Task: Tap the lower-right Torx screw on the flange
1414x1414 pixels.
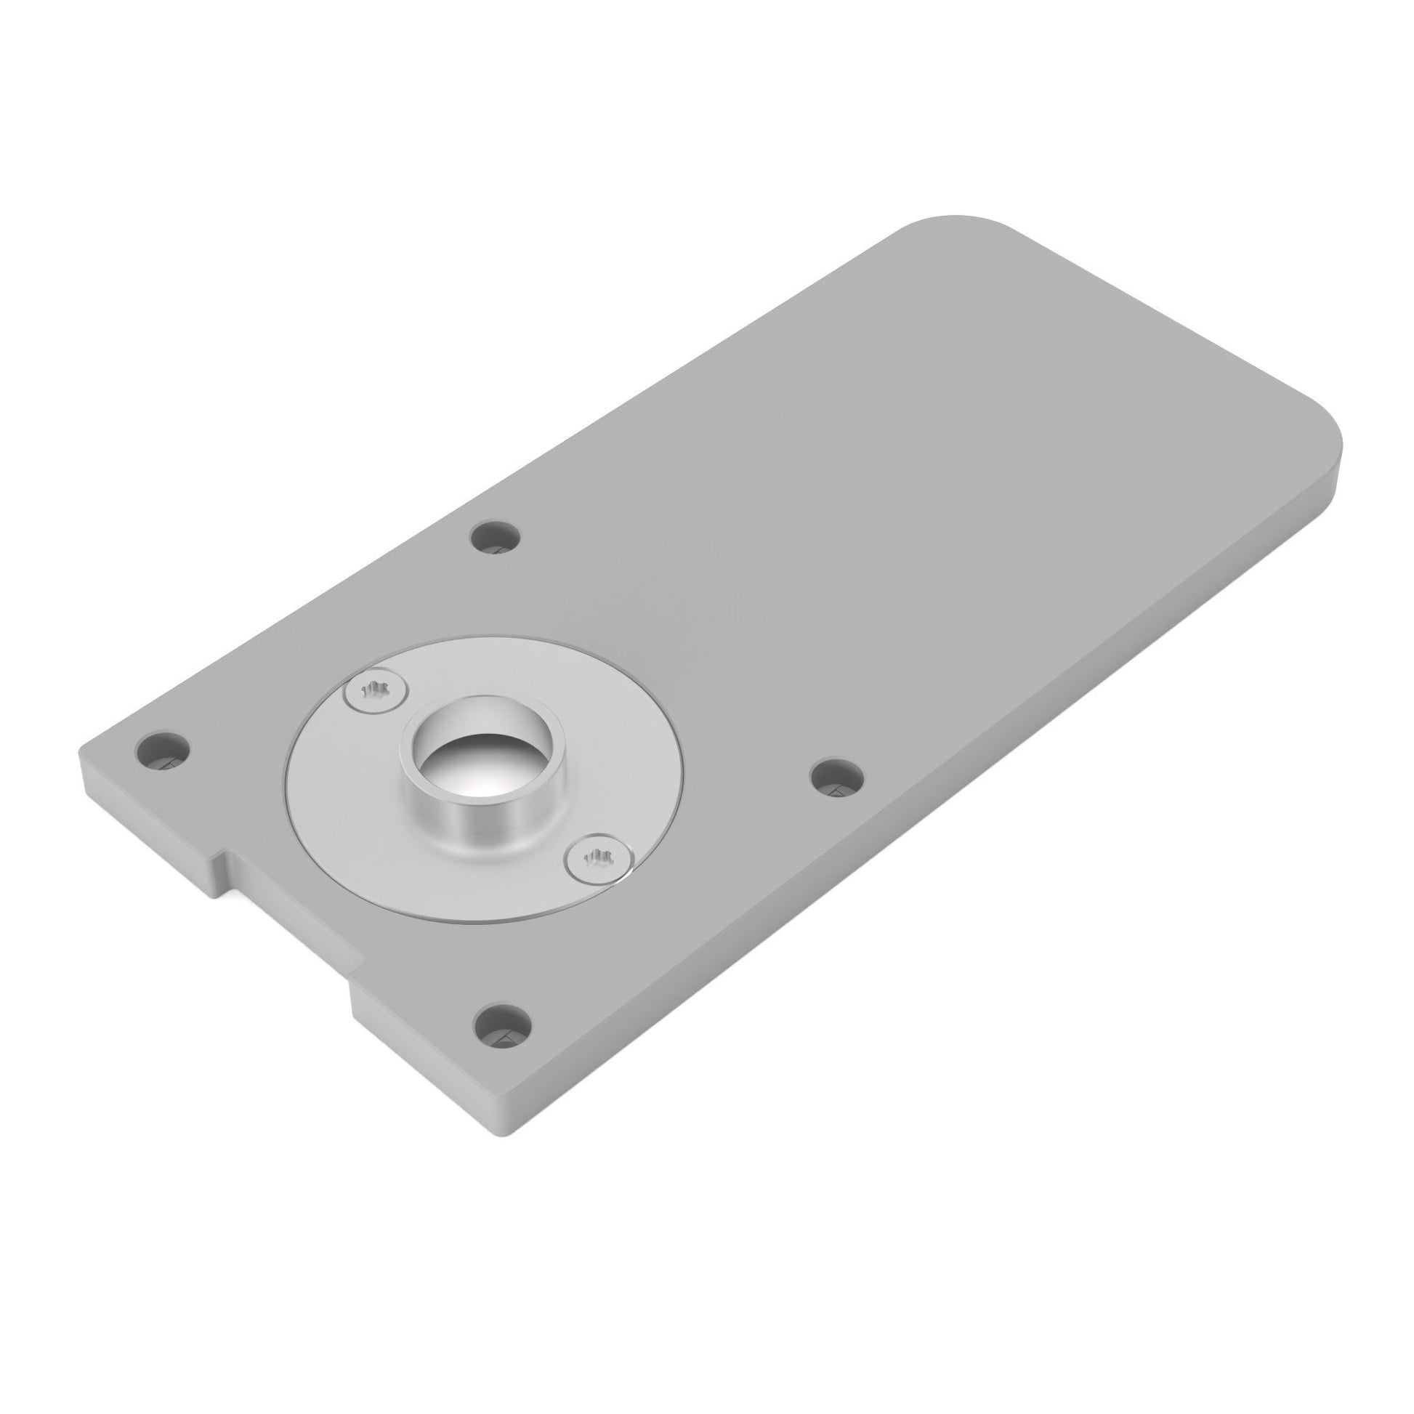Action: pyautogui.click(x=599, y=855)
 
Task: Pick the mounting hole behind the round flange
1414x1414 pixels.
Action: pyautogui.click(x=496, y=536)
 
